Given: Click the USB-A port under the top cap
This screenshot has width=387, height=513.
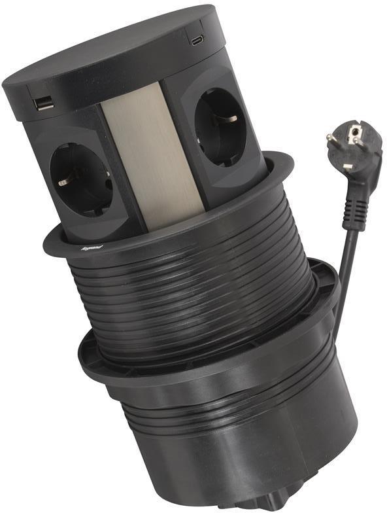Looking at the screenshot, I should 44,103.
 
